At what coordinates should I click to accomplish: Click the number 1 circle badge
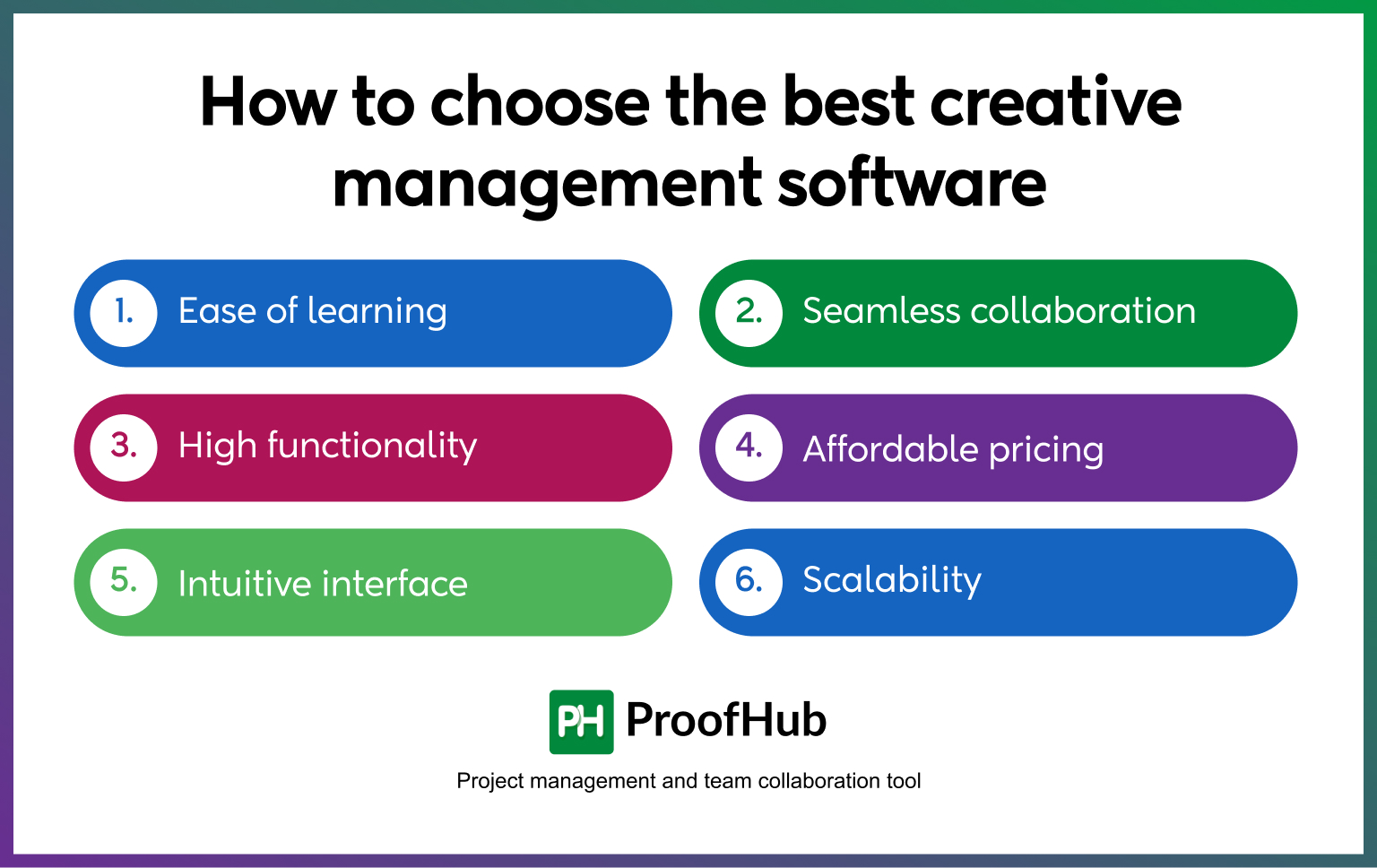tap(124, 312)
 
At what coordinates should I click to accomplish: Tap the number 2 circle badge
tap(749, 312)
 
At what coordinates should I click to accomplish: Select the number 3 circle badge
tap(124, 447)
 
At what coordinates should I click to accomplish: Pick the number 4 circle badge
tap(749, 447)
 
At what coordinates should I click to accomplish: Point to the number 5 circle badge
tap(124, 581)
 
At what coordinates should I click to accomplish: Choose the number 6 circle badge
tap(749, 581)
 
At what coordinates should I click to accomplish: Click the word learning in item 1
tap(377, 312)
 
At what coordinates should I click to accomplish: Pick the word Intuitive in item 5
tap(244, 584)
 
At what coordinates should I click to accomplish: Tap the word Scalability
tap(892, 580)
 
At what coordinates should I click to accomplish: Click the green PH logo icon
tap(581, 721)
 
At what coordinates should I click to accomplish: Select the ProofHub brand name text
tap(726, 720)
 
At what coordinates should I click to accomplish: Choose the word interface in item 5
tap(394, 584)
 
